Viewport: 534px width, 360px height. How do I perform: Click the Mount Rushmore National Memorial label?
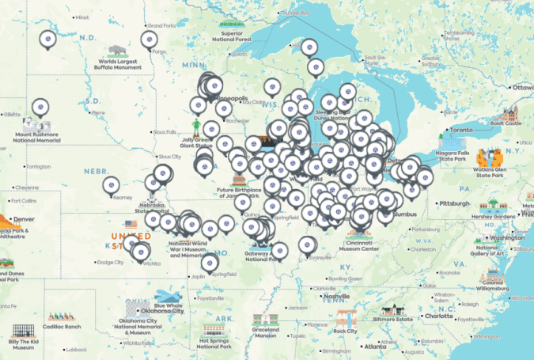[36, 138]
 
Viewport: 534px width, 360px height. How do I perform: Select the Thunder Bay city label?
[294, 13]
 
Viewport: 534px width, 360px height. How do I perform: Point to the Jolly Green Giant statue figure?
[197, 127]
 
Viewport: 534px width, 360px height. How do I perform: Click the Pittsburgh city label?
[456, 203]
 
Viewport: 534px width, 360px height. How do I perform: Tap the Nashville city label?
[338, 296]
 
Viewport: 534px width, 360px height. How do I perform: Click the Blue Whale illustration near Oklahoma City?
[167, 296]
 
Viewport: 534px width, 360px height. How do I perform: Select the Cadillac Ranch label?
[62, 327]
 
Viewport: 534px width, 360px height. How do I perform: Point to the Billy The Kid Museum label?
[22, 344]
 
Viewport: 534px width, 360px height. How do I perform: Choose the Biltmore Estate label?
[416, 319]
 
